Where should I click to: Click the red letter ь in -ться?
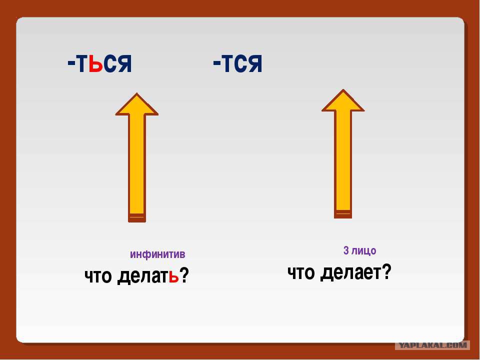pos(96,63)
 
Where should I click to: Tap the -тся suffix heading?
pos(237,63)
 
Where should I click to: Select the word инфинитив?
pos(157,254)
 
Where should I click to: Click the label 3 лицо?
pos(359,250)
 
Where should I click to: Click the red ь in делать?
pos(173,276)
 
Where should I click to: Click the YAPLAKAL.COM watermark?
pos(432,345)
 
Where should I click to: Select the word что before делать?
pos(98,276)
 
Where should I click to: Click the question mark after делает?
pos(386,272)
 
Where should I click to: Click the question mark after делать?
pos(184,275)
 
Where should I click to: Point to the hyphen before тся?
pos(216,63)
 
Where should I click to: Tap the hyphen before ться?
pos(71,63)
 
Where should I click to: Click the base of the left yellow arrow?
pos(137,217)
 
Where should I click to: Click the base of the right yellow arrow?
pos(343,213)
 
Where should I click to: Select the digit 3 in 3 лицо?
pos(346,250)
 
